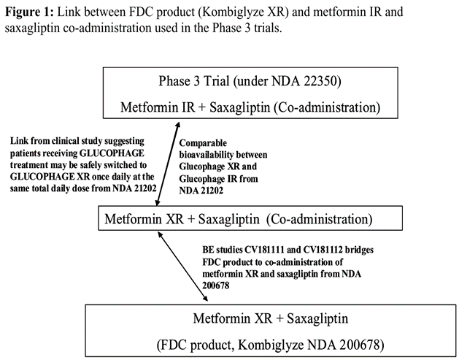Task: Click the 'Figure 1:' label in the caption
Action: (28, 12)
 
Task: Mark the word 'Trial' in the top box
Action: (209, 80)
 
